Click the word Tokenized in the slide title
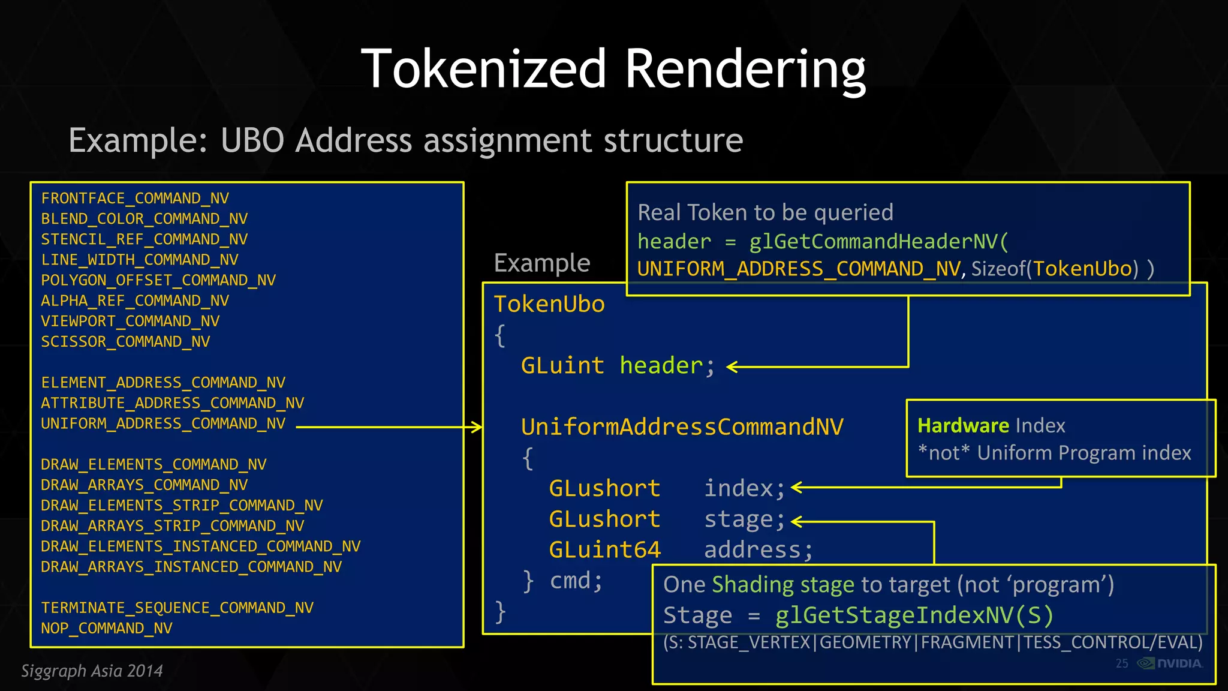click(x=483, y=69)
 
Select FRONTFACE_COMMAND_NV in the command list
click(x=135, y=199)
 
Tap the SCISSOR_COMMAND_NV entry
click(x=125, y=342)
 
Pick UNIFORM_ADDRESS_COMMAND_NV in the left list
click(x=163, y=423)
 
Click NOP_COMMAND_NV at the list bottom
click(x=106, y=628)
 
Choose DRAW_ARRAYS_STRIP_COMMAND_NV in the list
click(x=172, y=526)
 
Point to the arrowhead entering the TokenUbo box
click(x=477, y=427)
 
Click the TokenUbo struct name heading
click(x=549, y=304)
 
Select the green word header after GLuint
click(x=661, y=365)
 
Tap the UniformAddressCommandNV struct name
click(x=682, y=427)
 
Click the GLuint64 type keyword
click(x=604, y=549)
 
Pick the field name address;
click(x=758, y=549)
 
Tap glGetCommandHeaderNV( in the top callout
click(x=878, y=241)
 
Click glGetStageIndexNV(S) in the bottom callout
click(x=914, y=615)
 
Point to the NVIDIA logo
click(x=1170, y=663)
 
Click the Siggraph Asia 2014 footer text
click(x=92, y=671)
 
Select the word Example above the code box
click(x=541, y=263)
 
